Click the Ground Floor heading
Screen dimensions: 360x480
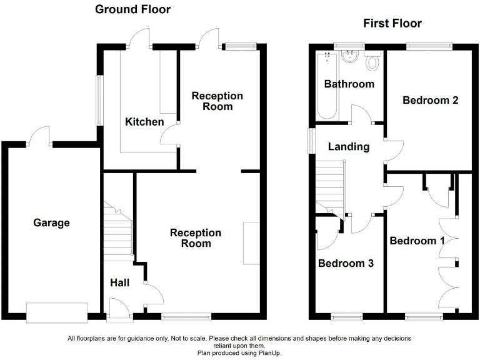132,9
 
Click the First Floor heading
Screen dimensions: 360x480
392,24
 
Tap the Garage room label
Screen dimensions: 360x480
51,223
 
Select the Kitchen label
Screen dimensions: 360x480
144,122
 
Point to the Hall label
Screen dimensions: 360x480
119,283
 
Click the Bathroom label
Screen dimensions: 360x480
349,84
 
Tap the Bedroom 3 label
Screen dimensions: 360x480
346,264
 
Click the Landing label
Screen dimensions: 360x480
349,147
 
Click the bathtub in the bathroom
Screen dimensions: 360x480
327,86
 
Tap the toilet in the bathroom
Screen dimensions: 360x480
374,61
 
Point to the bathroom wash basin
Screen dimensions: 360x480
349,57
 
